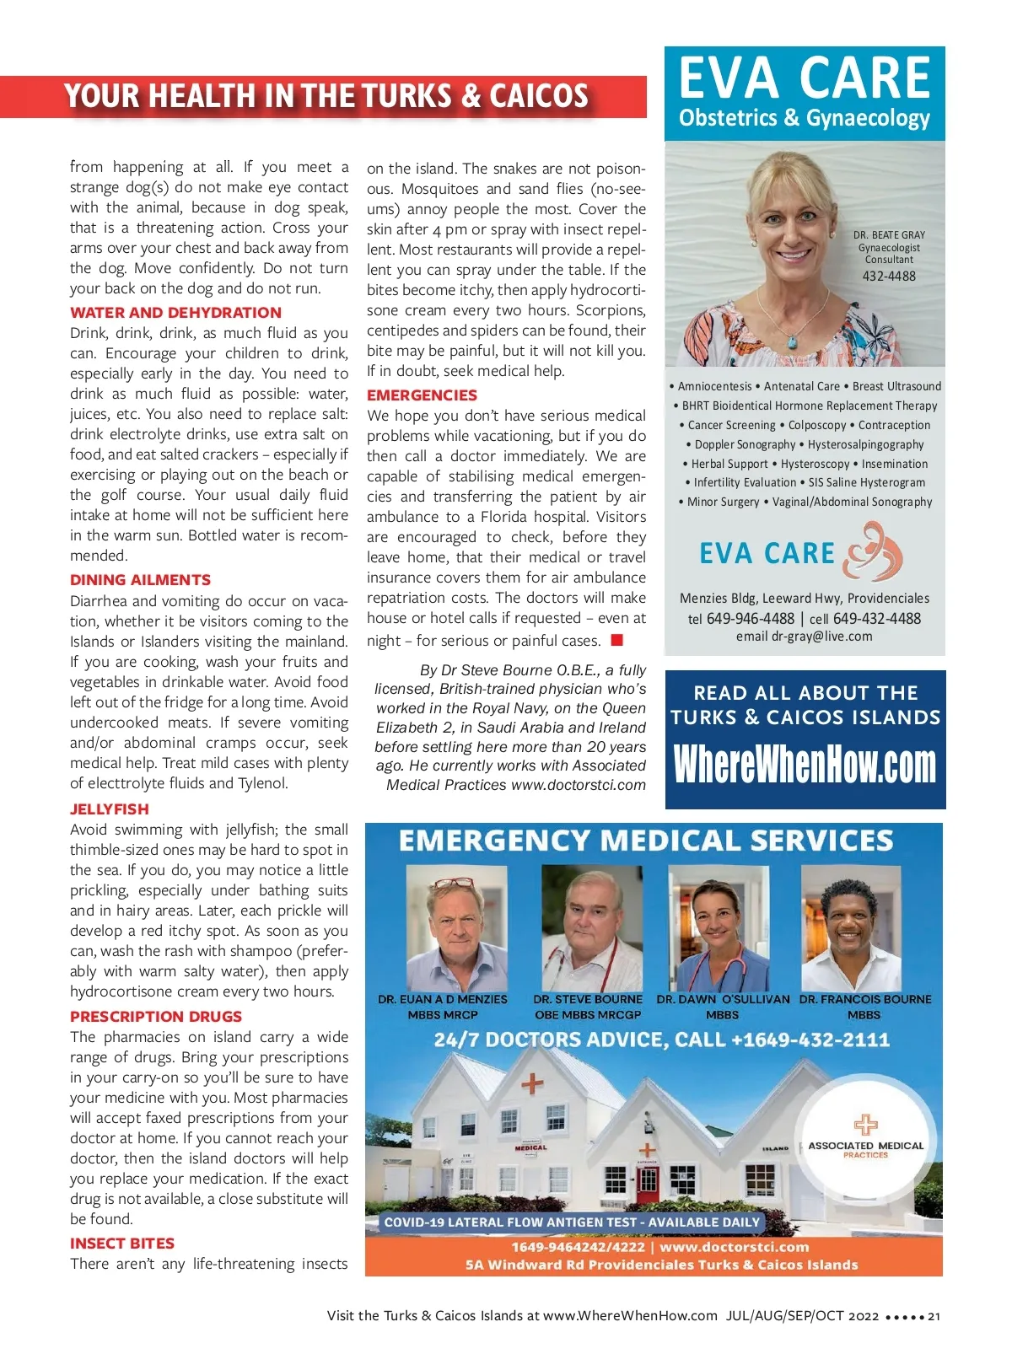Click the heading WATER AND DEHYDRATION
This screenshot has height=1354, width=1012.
coord(175,313)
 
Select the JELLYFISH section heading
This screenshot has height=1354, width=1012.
coord(110,809)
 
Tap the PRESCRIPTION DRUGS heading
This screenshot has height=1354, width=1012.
coord(156,1017)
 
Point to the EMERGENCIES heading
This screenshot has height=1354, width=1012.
coord(422,395)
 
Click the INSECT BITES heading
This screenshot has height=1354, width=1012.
coord(122,1244)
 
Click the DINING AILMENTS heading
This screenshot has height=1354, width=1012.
coord(141,580)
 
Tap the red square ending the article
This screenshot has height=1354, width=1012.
coord(616,640)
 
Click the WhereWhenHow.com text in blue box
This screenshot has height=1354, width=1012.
coord(805,765)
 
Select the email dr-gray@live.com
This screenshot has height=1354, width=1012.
coord(804,637)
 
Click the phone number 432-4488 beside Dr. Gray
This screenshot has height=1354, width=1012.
coord(889,277)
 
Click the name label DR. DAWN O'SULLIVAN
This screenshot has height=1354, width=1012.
coord(723,999)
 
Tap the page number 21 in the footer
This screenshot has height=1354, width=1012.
coord(934,1316)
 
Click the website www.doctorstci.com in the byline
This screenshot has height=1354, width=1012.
coord(579,785)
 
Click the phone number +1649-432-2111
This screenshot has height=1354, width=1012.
coord(810,1040)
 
